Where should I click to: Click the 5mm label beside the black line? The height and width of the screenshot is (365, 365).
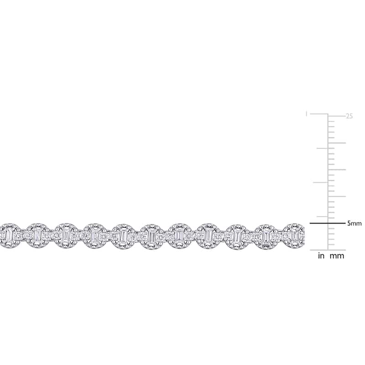355,224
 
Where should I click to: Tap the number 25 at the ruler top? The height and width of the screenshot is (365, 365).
349,116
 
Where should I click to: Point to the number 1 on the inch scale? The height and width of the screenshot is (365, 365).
307,114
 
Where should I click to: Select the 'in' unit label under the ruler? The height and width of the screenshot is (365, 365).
321,256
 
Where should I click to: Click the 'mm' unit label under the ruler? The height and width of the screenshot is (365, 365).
337,256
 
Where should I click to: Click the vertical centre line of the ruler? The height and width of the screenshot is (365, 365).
328,182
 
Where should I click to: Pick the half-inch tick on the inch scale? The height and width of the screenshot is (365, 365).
320,182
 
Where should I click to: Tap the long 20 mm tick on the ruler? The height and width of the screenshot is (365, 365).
337,143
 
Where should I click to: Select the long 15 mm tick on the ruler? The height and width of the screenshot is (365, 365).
337,170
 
